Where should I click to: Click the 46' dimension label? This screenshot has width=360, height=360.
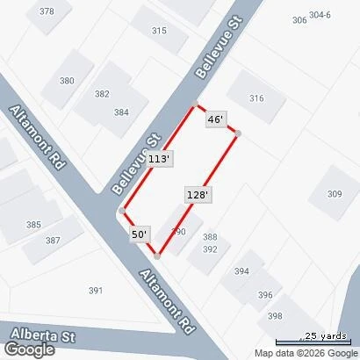(216, 119)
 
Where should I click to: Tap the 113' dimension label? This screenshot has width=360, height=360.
(159, 159)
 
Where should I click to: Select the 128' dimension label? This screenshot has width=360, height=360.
(197, 194)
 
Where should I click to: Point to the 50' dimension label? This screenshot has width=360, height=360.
(140, 234)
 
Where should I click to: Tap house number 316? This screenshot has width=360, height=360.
(256, 98)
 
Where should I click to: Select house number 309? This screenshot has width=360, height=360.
(335, 194)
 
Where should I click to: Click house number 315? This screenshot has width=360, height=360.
(159, 31)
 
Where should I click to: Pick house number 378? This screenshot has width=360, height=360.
(47, 11)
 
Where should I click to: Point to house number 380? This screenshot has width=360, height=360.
(67, 81)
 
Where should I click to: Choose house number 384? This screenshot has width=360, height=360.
(120, 112)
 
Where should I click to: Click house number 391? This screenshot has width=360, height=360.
(96, 291)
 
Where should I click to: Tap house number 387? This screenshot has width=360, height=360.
(53, 241)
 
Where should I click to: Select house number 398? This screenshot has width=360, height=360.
(276, 316)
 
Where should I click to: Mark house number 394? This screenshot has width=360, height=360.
(241, 271)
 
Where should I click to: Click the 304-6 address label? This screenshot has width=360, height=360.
(320, 15)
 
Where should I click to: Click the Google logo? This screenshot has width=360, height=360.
(28, 349)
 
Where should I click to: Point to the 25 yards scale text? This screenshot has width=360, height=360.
(325, 335)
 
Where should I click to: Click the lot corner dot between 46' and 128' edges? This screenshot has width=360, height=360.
(237, 133)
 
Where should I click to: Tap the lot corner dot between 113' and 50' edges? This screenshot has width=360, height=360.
(121, 211)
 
